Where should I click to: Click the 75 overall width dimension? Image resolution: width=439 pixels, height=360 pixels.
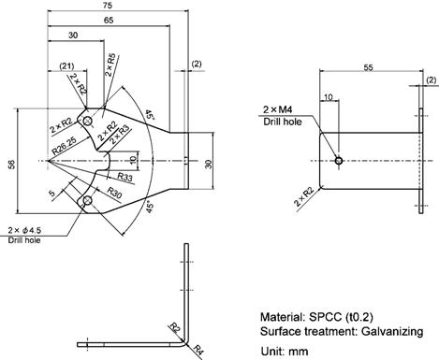click(x=107, y=6)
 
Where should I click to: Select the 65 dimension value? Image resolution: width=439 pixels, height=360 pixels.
click(x=109, y=21)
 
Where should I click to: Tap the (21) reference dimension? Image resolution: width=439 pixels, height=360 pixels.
click(x=66, y=66)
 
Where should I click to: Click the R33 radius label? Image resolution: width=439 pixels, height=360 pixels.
click(x=125, y=177)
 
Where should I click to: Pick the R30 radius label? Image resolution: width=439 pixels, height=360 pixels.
click(x=114, y=193)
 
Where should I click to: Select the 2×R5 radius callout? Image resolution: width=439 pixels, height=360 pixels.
click(x=110, y=65)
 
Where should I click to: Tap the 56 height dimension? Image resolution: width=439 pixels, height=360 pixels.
click(x=11, y=165)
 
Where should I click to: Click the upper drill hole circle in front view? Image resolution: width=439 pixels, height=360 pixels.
click(x=88, y=120)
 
